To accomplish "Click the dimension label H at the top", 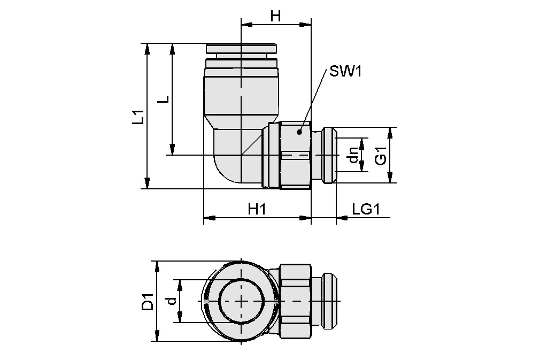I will click(x=275, y=16).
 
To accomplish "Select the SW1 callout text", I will click(x=345, y=71).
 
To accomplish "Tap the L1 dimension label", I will click(x=138, y=117).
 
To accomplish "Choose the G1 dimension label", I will click(x=380, y=155).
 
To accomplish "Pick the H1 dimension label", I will click(x=257, y=210).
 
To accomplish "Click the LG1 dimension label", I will click(x=366, y=210).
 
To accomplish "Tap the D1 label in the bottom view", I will click(x=148, y=302).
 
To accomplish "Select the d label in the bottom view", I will click(x=172, y=302).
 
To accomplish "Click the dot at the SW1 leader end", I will click(x=300, y=131).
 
